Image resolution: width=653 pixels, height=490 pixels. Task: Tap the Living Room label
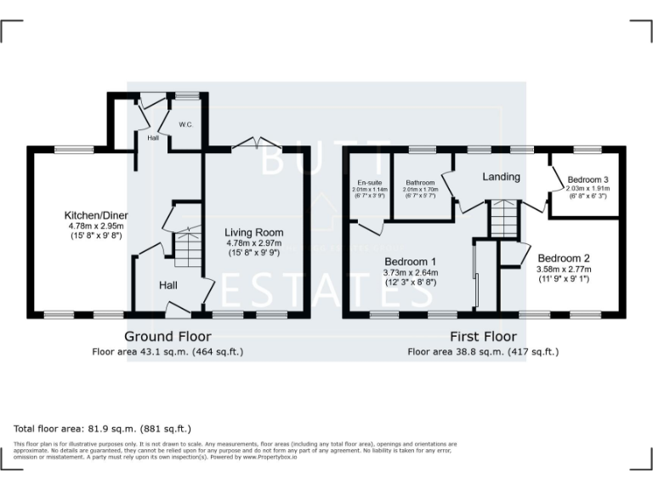pos(253,232)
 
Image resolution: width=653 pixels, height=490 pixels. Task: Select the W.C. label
pos(186,125)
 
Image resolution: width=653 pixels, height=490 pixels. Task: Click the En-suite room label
pos(369,182)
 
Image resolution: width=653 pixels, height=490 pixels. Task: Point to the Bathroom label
pos(420,183)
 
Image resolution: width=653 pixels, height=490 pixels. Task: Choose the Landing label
pos(501,177)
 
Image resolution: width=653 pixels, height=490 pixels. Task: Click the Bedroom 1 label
pos(410,261)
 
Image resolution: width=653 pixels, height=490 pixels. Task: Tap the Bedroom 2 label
pos(563,258)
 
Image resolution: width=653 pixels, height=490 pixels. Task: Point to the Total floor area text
pos(103,428)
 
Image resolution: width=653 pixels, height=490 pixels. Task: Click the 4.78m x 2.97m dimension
pos(253,243)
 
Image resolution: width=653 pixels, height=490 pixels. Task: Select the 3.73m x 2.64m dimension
pos(410,272)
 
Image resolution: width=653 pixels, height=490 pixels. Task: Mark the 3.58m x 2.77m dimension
pos(563,269)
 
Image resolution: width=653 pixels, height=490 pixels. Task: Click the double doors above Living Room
pos(254,145)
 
